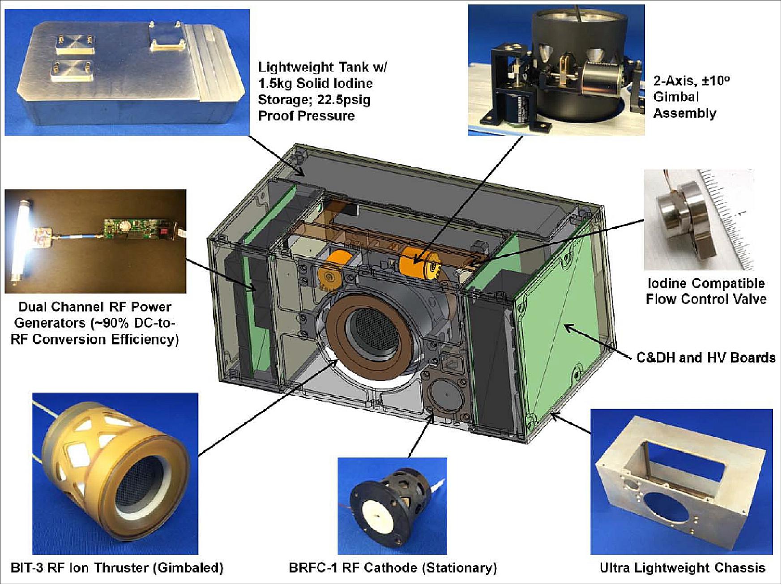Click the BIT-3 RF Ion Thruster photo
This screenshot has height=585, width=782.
coord(115,474)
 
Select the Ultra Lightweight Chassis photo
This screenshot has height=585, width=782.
coord(681,482)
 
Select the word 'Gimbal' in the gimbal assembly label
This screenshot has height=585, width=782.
coord(676,97)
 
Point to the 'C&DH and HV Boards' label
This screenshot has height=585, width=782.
coord(706,357)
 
